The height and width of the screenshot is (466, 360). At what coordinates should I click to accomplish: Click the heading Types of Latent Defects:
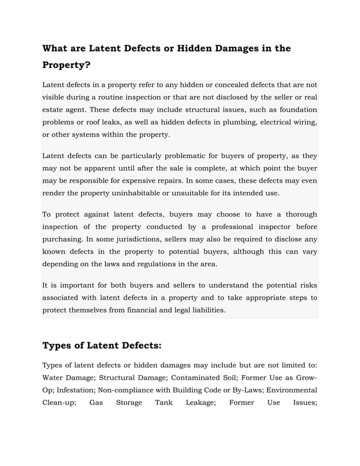pos(102,345)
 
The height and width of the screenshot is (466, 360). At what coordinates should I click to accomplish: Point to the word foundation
pos(296,109)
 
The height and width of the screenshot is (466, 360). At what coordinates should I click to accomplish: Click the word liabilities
pos(205,309)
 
